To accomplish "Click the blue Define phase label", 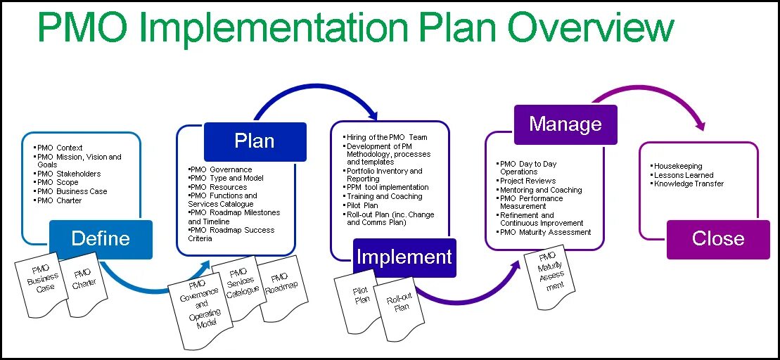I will pyautogui.click(x=101, y=238).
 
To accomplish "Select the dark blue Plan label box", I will pyautogui.click(x=255, y=141).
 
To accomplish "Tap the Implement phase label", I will pyautogui.click(x=404, y=257).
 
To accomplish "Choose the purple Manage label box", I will pyautogui.click(x=565, y=124).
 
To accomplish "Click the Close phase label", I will pyautogui.click(x=717, y=238).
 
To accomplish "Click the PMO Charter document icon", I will pyautogui.click(x=82, y=281).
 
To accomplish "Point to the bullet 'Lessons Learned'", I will pyautogui.click(x=683, y=175).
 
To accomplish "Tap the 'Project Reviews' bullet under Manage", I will pyautogui.click(x=528, y=181).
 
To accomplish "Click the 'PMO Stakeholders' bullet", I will pyautogui.click(x=68, y=174).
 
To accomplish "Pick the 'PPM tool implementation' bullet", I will pyautogui.click(x=388, y=187).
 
